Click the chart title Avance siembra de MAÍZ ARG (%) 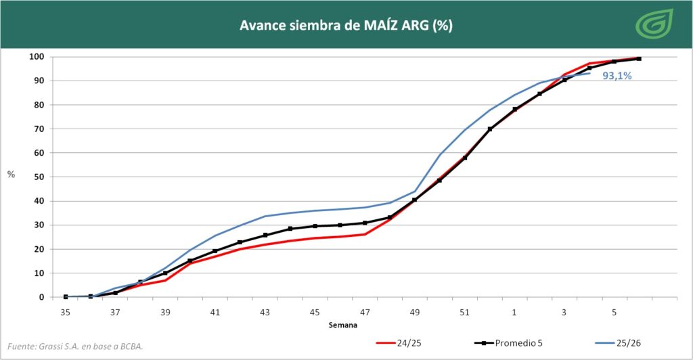click(x=346, y=26)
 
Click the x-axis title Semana click(x=344, y=325)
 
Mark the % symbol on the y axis click(x=11, y=175)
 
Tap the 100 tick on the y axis click(x=38, y=57)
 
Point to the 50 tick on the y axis click(x=40, y=177)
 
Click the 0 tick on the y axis click(x=42, y=297)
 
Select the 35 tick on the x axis click(x=66, y=313)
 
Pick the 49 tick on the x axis click(x=415, y=313)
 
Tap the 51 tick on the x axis click(x=465, y=313)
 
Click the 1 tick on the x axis click(x=515, y=313)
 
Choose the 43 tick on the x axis click(x=265, y=313)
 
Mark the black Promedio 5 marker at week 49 click(x=415, y=200)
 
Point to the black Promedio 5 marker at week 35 click(x=66, y=296)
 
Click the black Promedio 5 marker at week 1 click(x=515, y=109)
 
